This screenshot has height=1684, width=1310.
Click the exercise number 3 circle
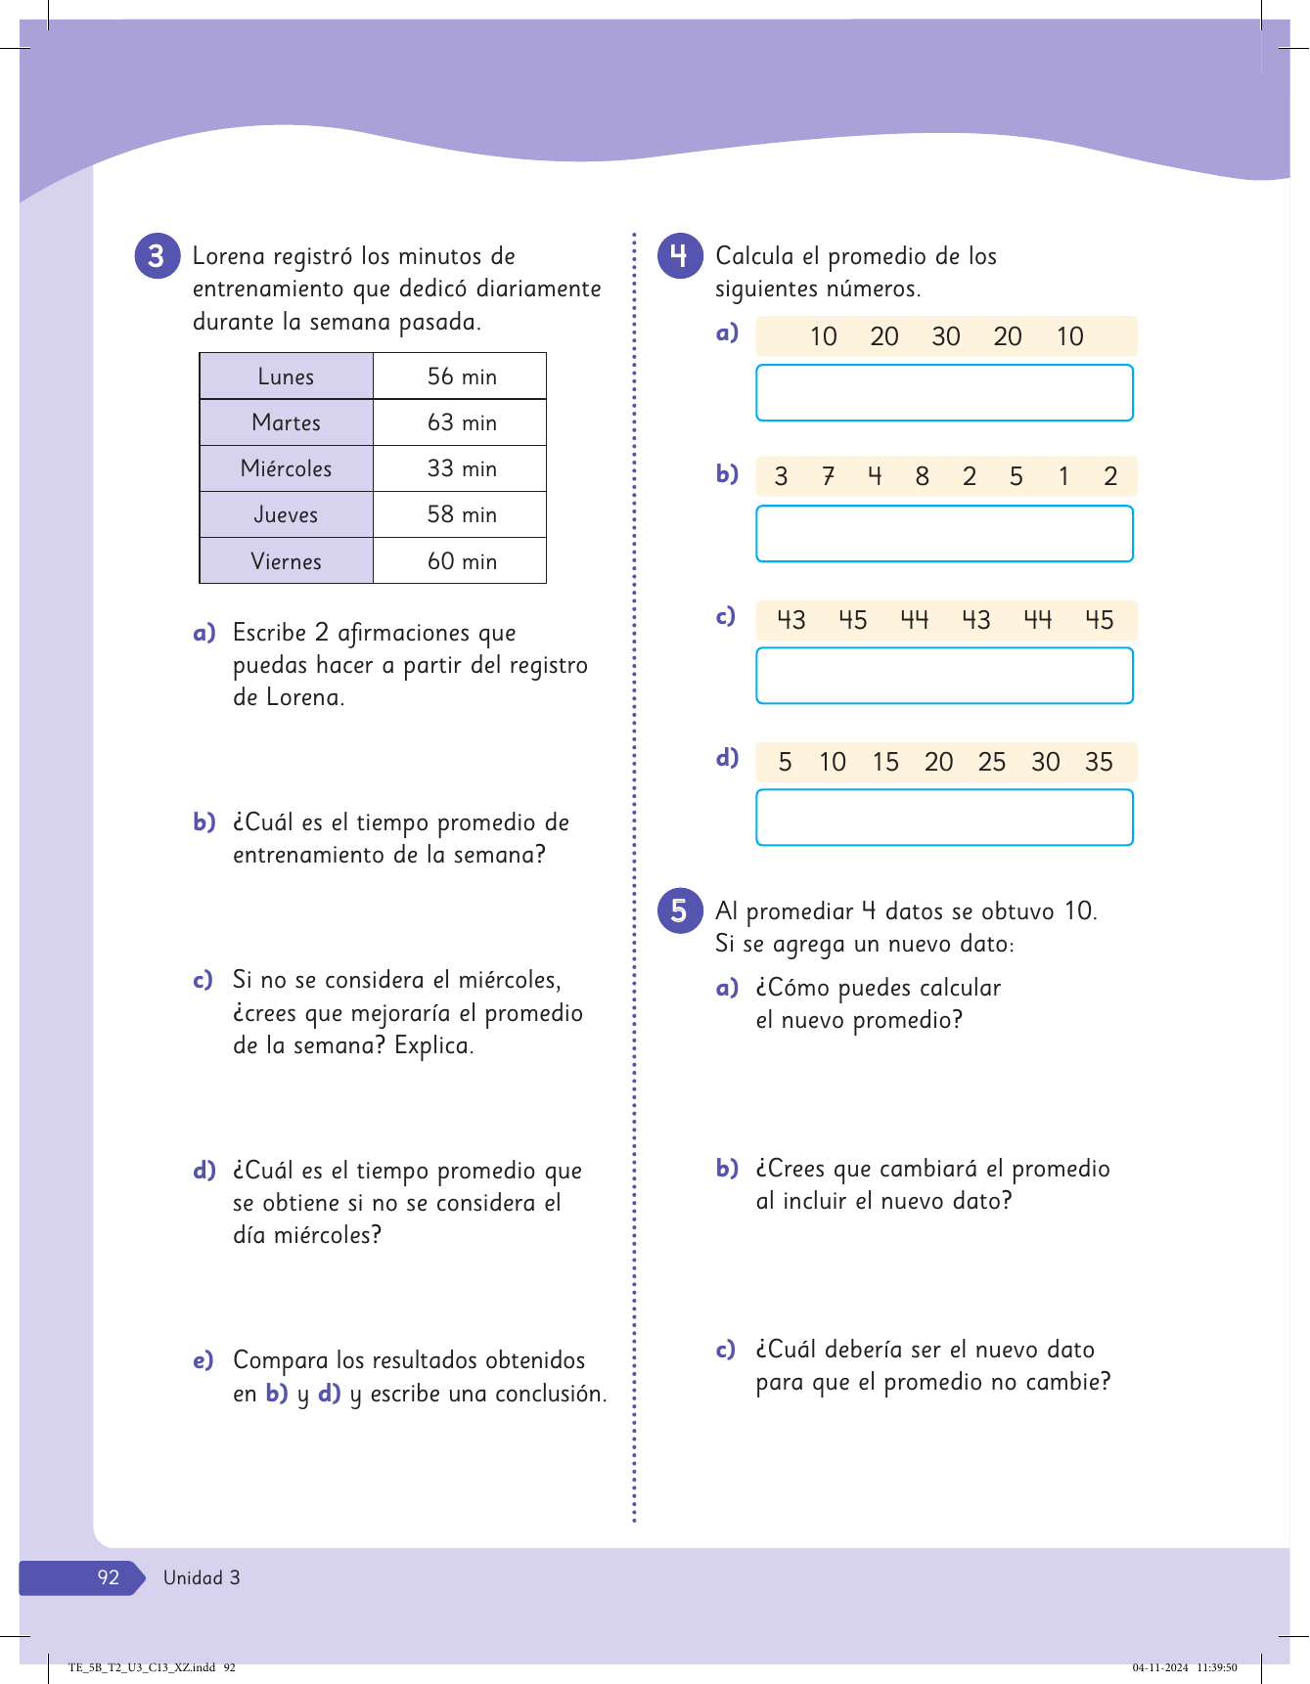(157, 256)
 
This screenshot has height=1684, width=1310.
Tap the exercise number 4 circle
(680, 256)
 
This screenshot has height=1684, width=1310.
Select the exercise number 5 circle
(680, 911)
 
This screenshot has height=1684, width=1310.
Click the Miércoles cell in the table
(286, 469)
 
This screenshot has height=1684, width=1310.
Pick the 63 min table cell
(461, 422)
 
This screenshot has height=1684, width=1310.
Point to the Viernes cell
(286, 561)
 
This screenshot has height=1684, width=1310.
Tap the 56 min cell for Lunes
(461, 377)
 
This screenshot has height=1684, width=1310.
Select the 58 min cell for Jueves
(461, 514)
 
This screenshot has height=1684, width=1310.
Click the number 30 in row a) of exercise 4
(945, 337)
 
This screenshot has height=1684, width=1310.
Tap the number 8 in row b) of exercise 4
(922, 477)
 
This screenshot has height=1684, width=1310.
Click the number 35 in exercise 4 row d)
(1099, 763)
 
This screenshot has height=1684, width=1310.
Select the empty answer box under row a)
(944, 393)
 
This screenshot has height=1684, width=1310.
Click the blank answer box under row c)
(944, 676)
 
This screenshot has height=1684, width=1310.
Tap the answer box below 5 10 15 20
(944, 818)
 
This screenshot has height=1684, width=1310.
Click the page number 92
(108, 1577)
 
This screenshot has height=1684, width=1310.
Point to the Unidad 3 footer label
(202, 1577)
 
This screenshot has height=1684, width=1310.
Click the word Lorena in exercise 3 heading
(229, 257)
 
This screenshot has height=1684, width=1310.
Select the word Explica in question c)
(433, 1046)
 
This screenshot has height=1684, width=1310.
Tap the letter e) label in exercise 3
(203, 1361)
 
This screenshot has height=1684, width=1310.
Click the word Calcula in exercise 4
(754, 257)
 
